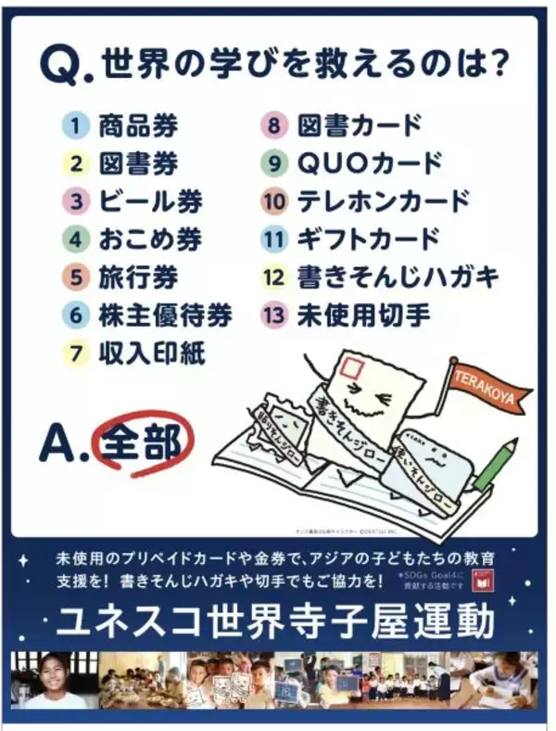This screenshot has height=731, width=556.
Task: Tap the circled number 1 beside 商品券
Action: point(76,125)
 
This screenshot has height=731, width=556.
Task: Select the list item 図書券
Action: point(138,163)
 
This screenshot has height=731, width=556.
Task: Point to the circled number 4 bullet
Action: point(76,239)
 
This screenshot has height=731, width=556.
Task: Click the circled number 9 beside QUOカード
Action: point(274,163)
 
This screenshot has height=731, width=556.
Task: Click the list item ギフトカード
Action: point(367,239)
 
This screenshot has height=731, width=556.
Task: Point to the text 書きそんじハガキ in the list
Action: point(398,277)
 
